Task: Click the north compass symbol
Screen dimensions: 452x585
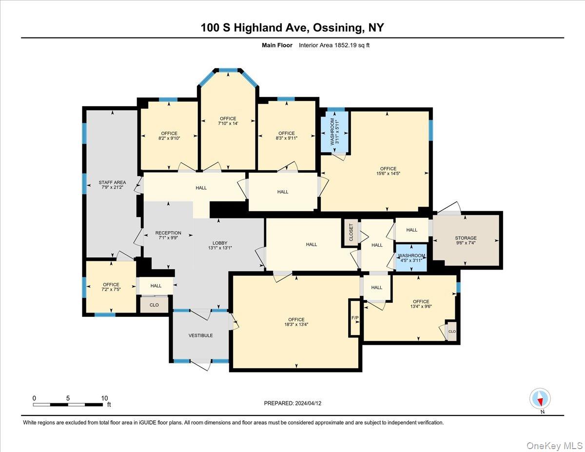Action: [540, 398]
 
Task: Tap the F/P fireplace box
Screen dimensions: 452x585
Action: [355, 318]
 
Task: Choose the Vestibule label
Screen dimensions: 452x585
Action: [201, 335]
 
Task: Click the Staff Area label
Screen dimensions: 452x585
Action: [112, 185]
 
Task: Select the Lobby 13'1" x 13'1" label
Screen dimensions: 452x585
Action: [219, 245]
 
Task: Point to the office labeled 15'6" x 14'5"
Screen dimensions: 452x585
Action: [388, 171]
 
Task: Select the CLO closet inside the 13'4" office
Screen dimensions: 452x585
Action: [452, 331]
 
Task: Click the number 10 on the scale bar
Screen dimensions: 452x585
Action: [104, 398]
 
